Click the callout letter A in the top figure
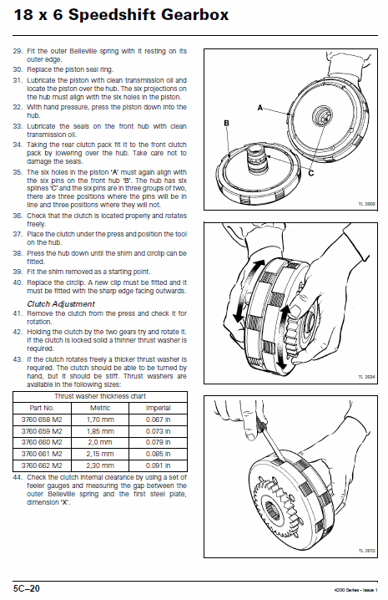pos(260,108)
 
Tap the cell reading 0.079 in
pos(158,443)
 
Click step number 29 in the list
pos(18,52)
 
